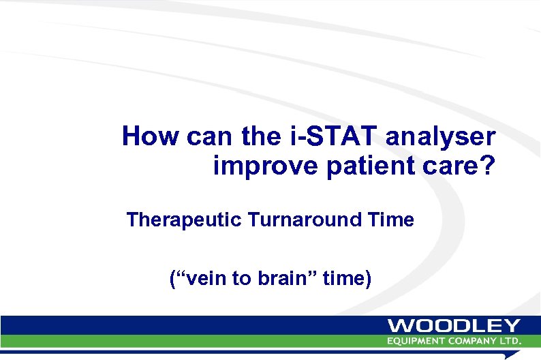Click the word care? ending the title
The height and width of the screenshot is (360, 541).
click(x=455, y=166)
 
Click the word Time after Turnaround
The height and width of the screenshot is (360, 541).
click(x=391, y=220)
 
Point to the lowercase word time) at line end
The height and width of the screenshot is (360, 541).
click(x=347, y=278)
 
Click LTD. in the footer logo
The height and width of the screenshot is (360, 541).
click(x=511, y=340)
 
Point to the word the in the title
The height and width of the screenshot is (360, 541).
click(x=258, y=137)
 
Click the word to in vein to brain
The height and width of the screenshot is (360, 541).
click(x=240, y=278)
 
